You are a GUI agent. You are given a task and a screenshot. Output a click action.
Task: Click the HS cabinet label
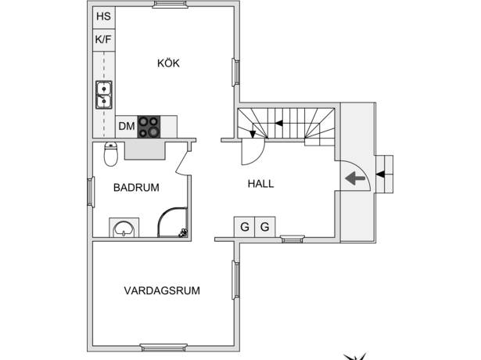click(104, 16)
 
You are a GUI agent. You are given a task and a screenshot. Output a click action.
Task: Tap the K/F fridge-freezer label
click(103, 39)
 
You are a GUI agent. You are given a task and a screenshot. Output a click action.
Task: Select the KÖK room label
click(168, 63)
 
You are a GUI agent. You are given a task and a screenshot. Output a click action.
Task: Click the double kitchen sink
click(104, 95)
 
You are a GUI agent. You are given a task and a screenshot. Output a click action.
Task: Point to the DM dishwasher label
click(127, 126)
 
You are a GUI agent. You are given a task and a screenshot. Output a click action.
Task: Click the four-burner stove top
click(149, 127)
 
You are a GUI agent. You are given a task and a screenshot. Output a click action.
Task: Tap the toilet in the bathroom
click(111, 154)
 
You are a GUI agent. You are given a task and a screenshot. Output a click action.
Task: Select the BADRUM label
click(136, 188)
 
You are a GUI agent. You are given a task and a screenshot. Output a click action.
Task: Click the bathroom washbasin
click(124, 229)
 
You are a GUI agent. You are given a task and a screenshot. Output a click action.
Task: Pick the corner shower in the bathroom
click(173, 222)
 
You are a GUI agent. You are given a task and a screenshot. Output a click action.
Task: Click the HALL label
click(260, 184)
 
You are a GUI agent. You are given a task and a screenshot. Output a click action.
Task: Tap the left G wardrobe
click(245, 227)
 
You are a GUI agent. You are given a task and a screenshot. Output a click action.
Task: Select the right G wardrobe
click(264, 227)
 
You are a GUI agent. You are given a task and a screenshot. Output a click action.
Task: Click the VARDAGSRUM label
click(162, 290)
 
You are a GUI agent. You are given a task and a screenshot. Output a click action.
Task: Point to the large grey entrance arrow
click(355, 178)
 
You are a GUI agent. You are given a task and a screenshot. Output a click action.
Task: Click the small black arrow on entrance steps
click(380, 175)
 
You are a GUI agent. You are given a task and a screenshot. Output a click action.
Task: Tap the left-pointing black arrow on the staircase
click(278, 124)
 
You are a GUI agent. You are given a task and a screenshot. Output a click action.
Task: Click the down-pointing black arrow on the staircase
click(253, 134)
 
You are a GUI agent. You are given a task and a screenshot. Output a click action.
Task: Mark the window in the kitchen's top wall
click(170, 4)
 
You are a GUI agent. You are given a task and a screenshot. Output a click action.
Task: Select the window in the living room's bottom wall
click(163, 347)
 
